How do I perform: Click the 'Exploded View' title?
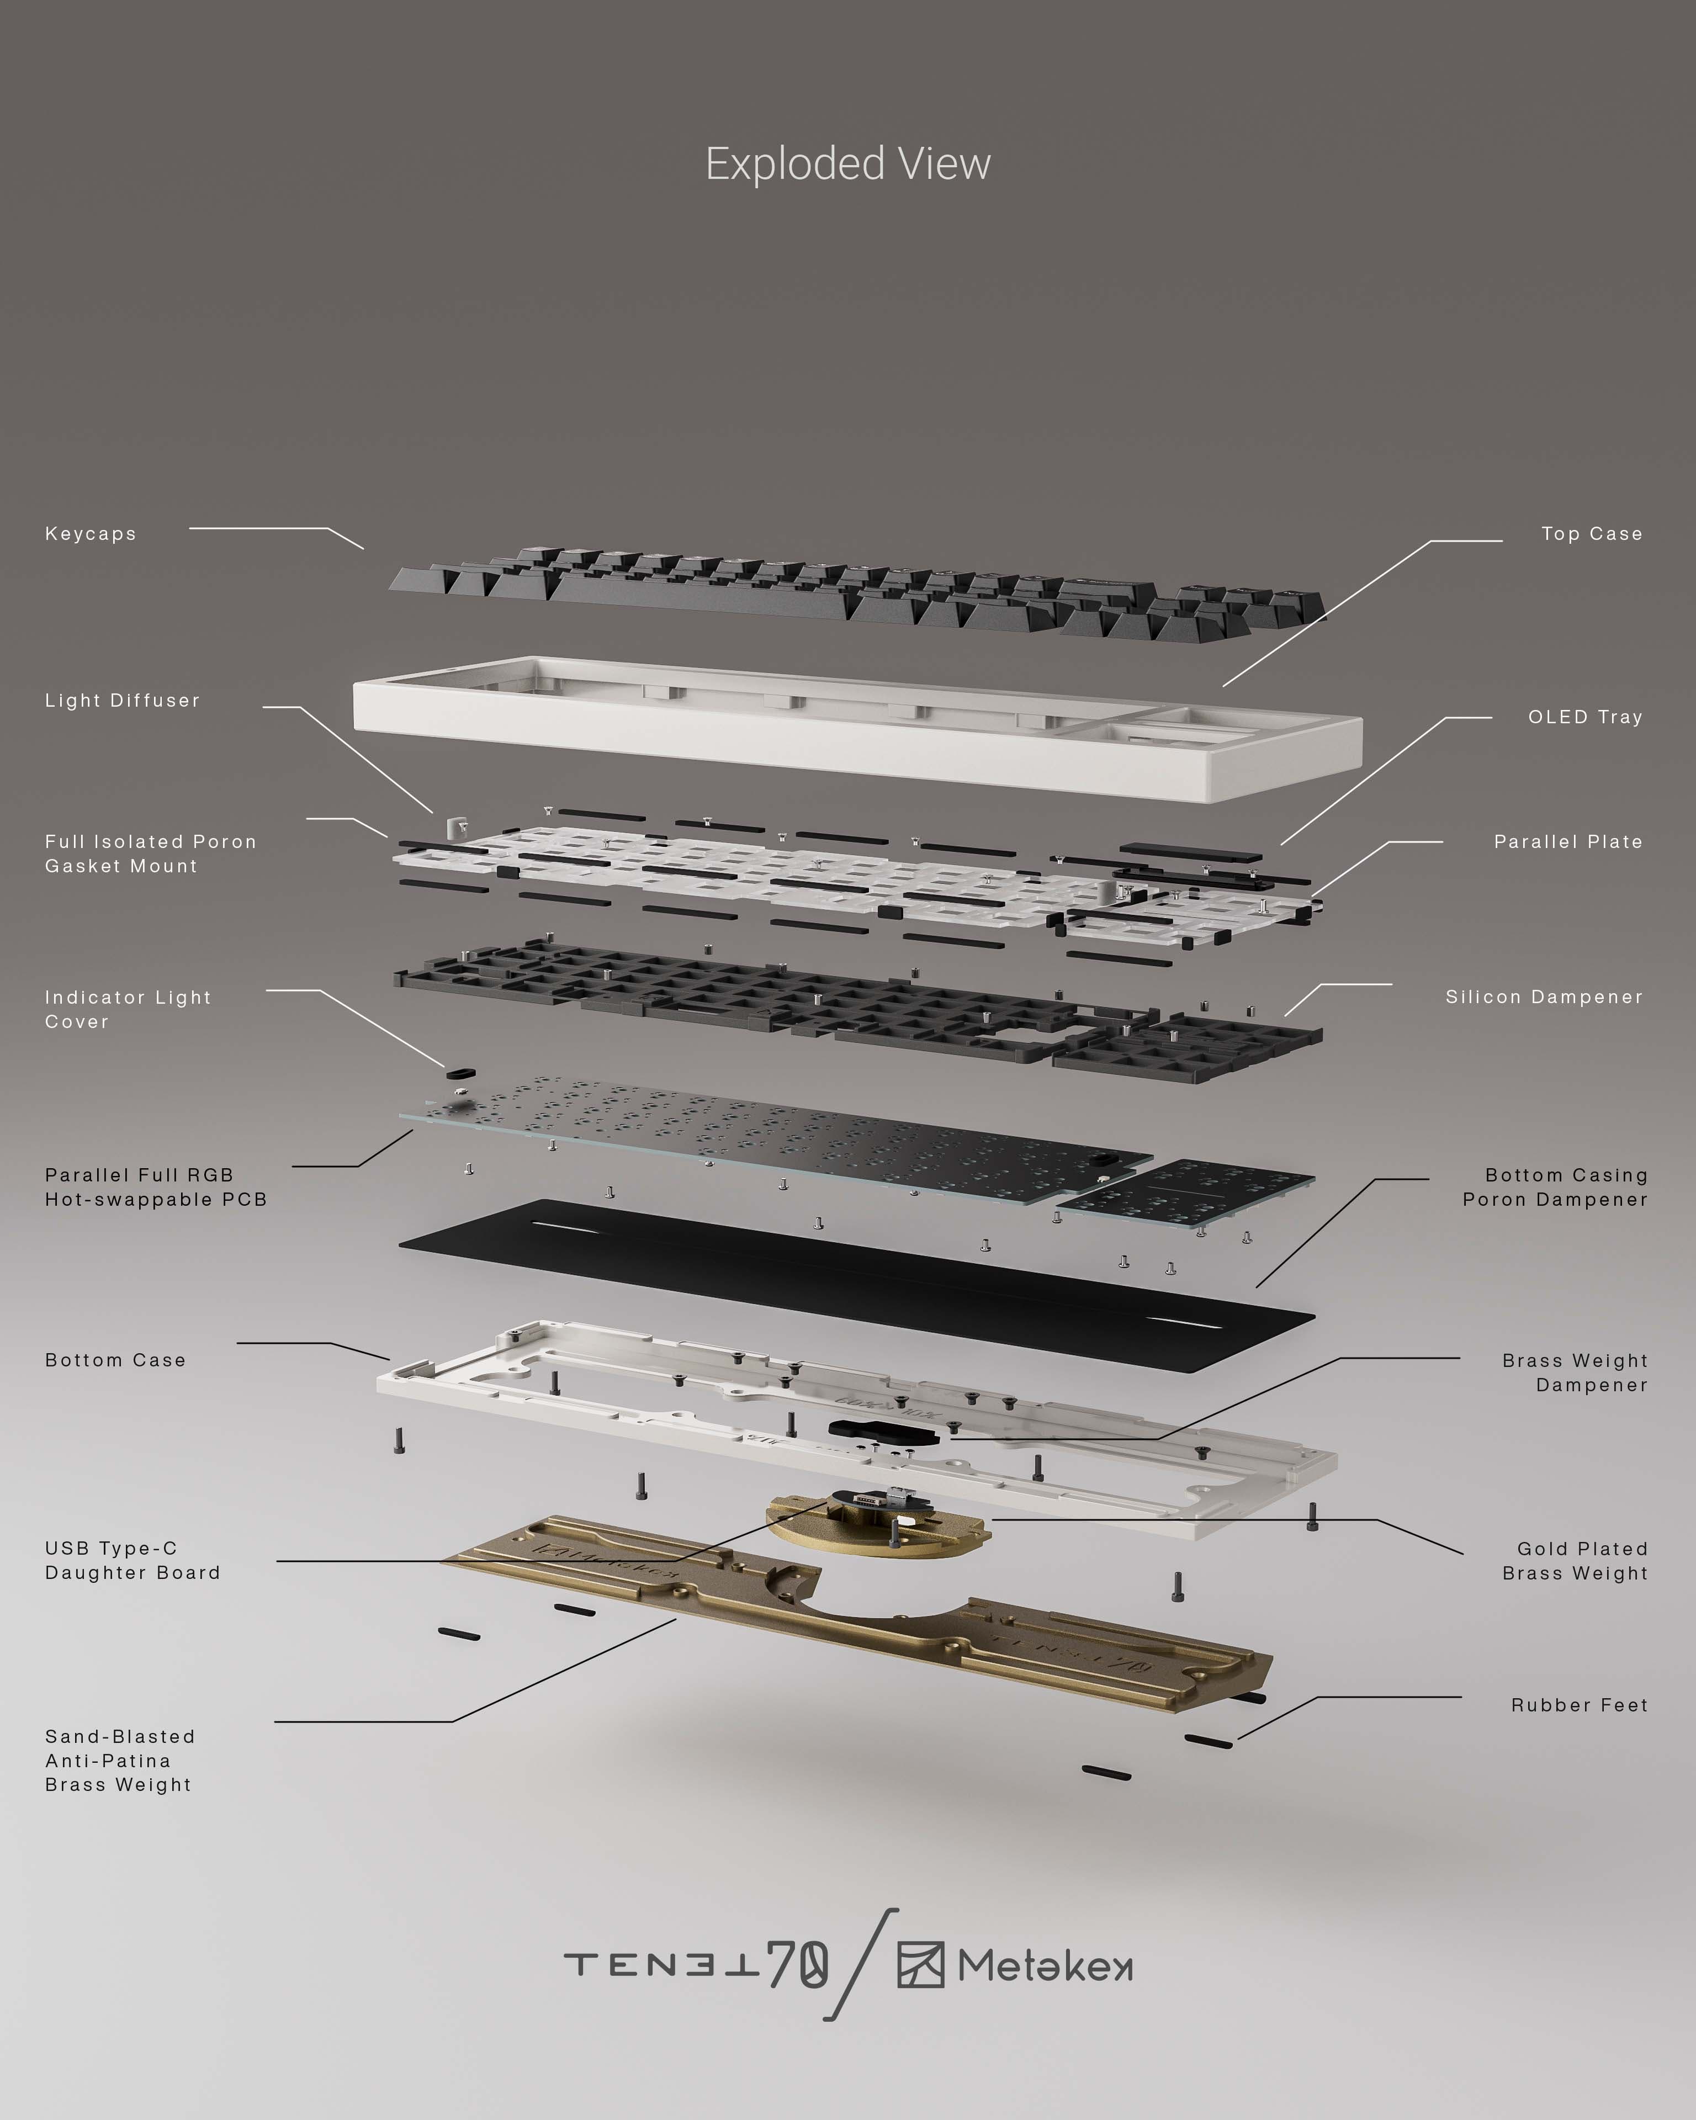coord(847,164)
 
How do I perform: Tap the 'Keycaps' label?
coord(91,534)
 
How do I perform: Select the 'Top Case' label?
coord(1591,534)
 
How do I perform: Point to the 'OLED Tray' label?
coord(1584,717)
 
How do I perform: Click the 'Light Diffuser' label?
coord(122,700)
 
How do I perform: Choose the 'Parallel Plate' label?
coord(1567,842)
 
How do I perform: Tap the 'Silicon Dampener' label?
coord(1544,997)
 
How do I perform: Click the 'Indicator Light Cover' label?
coord(128,1009)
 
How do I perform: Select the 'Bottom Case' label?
coord(115,1360)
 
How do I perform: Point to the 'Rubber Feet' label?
coord(1578,1705)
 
